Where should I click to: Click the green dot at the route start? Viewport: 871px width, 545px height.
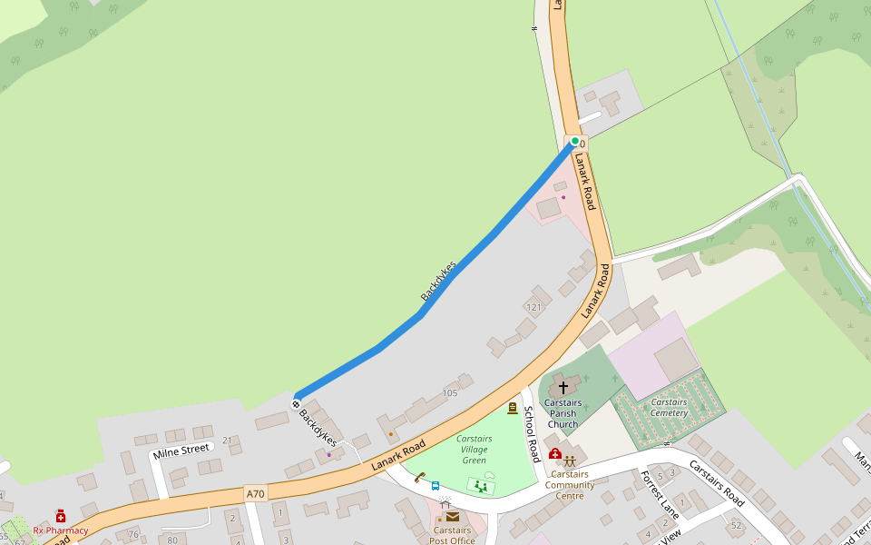pos(574,141)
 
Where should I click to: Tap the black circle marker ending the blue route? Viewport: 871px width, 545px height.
pos(296,403)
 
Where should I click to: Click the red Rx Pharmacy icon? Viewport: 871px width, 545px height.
pos(61,516)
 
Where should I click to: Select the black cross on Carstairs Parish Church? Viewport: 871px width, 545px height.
pos(563,388)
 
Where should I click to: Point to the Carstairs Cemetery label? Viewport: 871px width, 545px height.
pos(669,408)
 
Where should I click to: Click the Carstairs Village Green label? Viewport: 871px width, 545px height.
pos(474,450)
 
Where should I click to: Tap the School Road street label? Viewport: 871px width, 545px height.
pos(532,432)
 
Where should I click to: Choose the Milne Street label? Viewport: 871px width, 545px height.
pos(181,450)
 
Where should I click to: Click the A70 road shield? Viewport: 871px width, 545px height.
pos(255,493)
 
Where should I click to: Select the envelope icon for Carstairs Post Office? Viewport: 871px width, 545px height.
pos(452,517)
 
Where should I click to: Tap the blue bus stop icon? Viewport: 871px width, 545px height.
pos(435,486)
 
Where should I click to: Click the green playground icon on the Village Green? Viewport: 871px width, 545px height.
pos(480,487)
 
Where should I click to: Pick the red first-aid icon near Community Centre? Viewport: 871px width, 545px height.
pos(555,454)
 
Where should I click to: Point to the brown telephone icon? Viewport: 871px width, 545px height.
pos(420,477)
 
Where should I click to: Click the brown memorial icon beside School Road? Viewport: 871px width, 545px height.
pos(513,409)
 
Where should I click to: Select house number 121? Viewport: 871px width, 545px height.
pos(533,308)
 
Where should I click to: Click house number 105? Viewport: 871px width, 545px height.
pos(450,392)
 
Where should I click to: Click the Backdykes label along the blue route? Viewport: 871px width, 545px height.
pos(438,281)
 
